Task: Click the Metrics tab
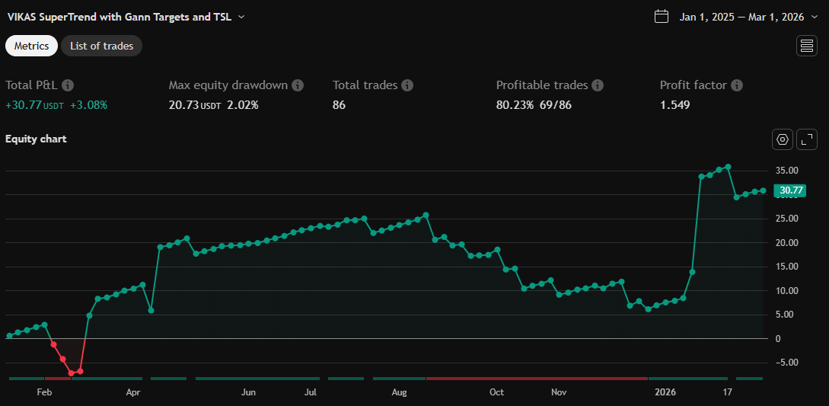(x=31, y=46)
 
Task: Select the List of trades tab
(x=101, y=46)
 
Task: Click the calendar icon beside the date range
(x=662, y=17)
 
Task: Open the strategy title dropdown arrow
(x=241, y=17)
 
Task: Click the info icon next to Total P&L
(x=68, y=85)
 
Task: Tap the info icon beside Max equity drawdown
(x=298, y=85)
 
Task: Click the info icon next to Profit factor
(x=736, y=85)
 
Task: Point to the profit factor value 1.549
(x=674, y=105)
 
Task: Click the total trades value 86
(x=339, y=105)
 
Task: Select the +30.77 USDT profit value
(x=34, y=105)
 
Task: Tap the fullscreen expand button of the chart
(x=806, y=139)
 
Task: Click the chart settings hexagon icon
(x=782, y=139)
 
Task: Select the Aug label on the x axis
(x=400, y=393)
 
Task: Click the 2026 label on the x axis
(x=665, y=393)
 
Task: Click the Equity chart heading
(x=36, y=139)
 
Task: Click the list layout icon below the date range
(x=806, y=46)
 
